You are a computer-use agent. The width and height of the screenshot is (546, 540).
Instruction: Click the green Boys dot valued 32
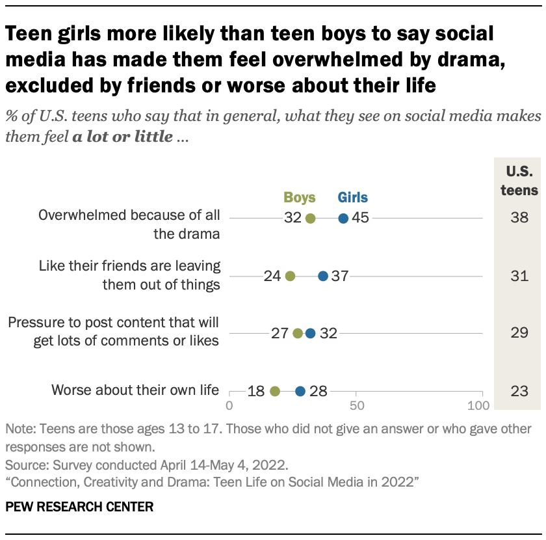pos(310,219)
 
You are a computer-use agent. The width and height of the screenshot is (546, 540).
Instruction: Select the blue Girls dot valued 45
pos(343,219)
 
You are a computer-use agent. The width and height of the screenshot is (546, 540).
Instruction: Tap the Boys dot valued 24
pos(290,276)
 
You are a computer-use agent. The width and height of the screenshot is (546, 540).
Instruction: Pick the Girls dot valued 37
pos(323,276)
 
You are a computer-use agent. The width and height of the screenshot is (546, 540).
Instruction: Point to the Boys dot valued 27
pos(298,334)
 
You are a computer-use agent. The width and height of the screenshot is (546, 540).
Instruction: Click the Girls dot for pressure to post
pos(310,334)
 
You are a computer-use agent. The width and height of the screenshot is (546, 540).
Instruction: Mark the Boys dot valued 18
pos(274,391)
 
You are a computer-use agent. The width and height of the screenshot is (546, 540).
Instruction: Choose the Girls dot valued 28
pos(300,391)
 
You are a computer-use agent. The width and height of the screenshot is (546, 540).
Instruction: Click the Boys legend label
pos(300,198)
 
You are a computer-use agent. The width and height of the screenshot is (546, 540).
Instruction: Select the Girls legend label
pos(352,198)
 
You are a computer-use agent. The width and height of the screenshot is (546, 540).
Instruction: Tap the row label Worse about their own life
pos(135,391)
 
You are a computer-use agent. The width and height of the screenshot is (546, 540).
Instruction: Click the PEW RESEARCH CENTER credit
pos(79,507)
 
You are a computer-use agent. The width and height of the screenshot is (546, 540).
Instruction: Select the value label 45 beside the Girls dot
pos(360,219)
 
